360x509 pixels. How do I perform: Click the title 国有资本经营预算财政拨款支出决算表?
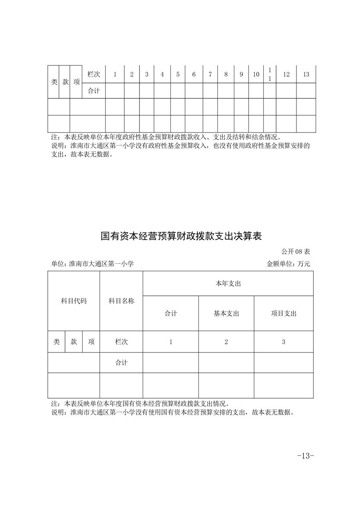tap(182, 236)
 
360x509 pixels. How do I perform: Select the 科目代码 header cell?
tap(74, 301)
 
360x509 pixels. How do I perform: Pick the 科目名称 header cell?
tap(121, 301)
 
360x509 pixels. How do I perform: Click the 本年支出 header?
tap(228, 284)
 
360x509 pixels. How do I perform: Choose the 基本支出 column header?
tap(226, 313)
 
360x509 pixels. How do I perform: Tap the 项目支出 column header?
tap(284, 313)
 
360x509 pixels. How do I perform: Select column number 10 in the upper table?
tap(256, 74)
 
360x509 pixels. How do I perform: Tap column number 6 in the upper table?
tap(194, 74)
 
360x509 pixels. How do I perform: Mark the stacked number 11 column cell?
tap(270, 74)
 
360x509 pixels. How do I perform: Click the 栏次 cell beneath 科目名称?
tap(121, 342)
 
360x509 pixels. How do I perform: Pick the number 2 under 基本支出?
tap(226, 342)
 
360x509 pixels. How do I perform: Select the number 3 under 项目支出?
tap(284, 342)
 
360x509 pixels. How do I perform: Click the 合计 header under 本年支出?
tap(171, 313)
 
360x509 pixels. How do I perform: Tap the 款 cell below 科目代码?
tap(74, 342)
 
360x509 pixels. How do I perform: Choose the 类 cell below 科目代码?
tap(56, 342)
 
